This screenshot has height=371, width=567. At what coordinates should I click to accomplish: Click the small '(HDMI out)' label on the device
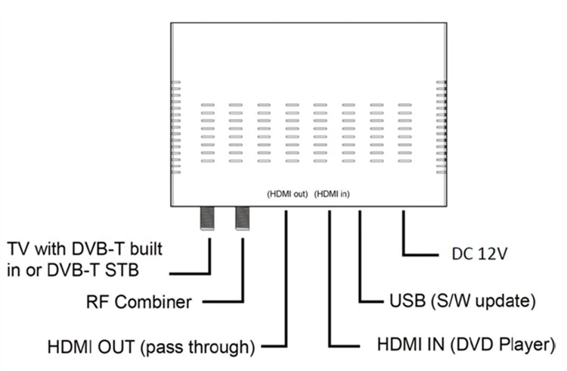click(287, 194)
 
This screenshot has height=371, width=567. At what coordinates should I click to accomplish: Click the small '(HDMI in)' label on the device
click(332, 194)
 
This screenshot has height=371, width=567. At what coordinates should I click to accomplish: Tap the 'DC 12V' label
click(479, 254)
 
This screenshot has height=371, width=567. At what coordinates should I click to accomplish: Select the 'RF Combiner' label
click(139, 302)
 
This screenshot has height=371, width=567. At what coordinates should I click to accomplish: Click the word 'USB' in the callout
click(407, 301)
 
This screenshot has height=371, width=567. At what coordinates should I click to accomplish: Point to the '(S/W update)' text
click(483, 301)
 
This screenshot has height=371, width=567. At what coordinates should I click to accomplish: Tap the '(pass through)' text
click(197, 347)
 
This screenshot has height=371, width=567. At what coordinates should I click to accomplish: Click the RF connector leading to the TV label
click(208, 218)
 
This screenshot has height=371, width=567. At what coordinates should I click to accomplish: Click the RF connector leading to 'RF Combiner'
click(242, 218)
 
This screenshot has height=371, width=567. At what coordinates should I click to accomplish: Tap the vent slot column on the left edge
click(175, 127)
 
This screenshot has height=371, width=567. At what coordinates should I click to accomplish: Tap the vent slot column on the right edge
click(442, 127)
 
